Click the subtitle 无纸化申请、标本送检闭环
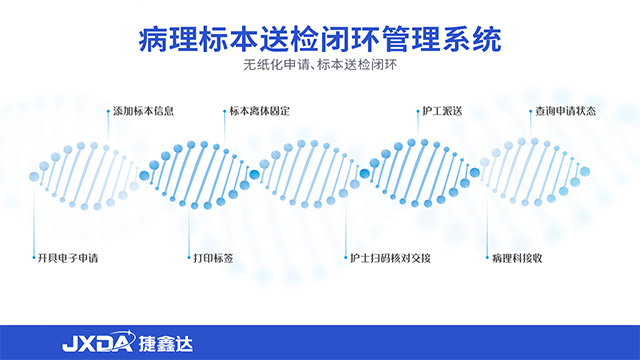[x=319, y=68]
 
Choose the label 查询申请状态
[x=565, y=110]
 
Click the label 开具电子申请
[x=68, y=258]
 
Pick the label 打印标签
[x=213, y=258]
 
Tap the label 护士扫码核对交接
[x=390, y=258]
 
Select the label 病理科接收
[x=518, y=258]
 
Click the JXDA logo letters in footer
[x=95, y=343]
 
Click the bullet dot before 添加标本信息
[x=107, y=110]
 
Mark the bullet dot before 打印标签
[x=188, y=258]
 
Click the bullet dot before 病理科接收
[x=487, y=258]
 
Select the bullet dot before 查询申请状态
[x=529, y=110]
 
